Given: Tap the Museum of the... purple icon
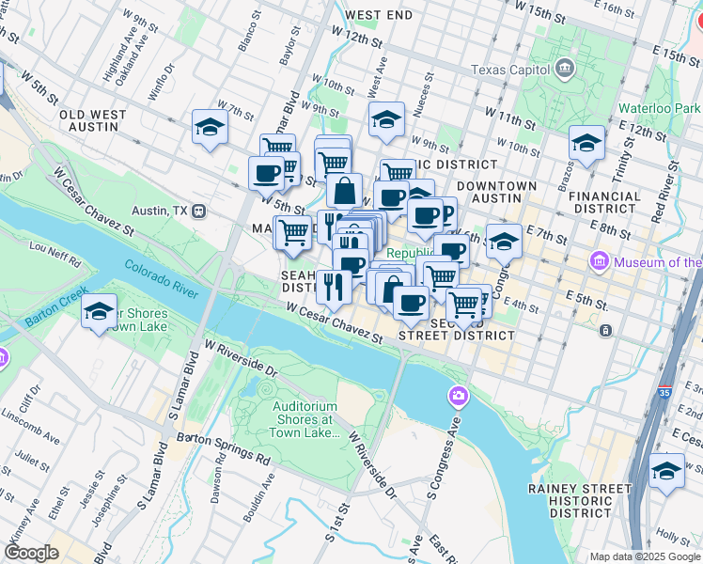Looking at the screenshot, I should pos(599,260).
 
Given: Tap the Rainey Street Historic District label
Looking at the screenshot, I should pos(579,500).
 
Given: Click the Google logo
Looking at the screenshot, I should pos(31,553).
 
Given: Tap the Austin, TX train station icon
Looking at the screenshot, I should pos(198,211).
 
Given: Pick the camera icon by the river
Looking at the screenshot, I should pos(459,395).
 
